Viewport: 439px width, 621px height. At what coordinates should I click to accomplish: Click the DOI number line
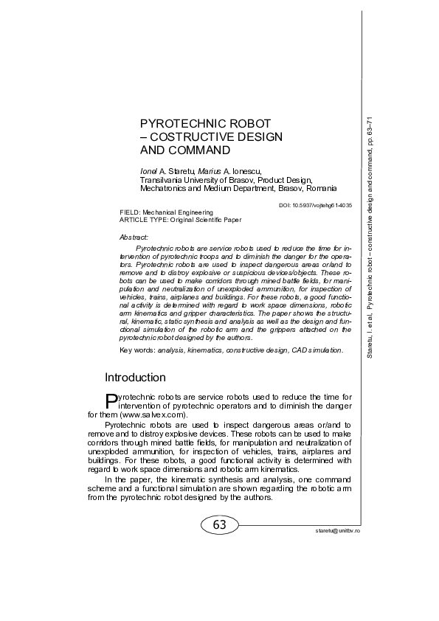(x=317, y=204)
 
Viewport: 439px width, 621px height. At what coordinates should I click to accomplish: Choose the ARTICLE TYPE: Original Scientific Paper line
(x=180, y=219)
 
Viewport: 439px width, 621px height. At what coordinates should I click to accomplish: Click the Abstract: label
(x=134, y=237)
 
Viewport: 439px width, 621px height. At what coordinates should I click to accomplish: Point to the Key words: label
(x=136, y=350)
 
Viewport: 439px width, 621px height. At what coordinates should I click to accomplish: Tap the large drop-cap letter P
(x=111, y=400)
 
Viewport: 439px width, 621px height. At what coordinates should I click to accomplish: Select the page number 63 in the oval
(x=219, y=525)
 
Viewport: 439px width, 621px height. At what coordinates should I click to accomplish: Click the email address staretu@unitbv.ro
(x=334, y=530)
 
